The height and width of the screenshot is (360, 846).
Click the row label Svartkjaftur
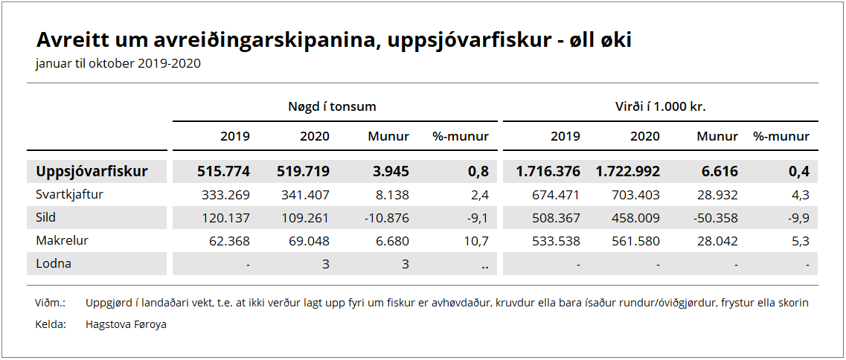coord(69,195)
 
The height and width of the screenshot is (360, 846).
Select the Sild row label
coord(45,217)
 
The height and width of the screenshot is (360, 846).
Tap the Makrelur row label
coord(62,241)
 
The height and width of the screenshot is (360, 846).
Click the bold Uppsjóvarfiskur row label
coord(92,172)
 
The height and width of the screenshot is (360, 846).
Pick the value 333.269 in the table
coord(229,195)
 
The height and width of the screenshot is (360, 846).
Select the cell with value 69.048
coord(309,241)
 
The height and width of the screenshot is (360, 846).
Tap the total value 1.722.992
coord(627,172)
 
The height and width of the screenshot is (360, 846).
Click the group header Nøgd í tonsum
coord(332,106)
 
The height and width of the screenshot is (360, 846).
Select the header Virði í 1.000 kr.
coord(661,106)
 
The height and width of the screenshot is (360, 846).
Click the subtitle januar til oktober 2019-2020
coord(118,64)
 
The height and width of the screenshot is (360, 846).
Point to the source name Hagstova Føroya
coord(126,325)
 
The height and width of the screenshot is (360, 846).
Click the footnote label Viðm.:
coord(50,303)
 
